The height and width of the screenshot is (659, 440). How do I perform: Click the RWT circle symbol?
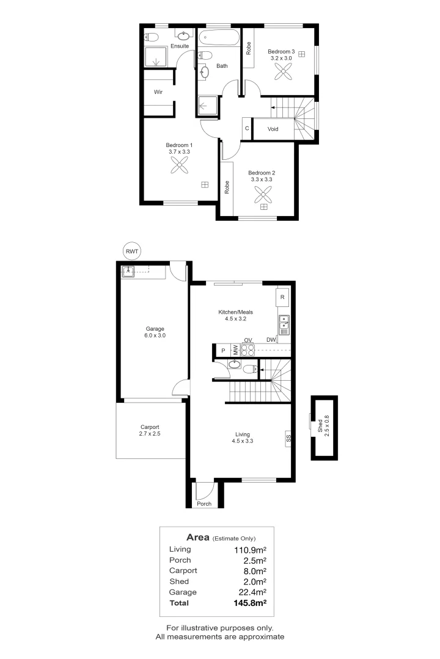pyautogui.click(x=131, y=251)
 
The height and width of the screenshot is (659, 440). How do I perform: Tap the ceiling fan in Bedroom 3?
pyautogui.click(x=282, y=72)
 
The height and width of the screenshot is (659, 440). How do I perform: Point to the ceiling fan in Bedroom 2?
pyautogui.click(x=264, y=195)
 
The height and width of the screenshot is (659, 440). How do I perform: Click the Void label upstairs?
pyautogui.click(x=273, y=129)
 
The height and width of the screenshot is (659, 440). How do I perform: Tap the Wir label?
pyautogui.click(x=158, y=92)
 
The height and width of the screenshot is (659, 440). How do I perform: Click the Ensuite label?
pyautogui.click(x=180, y=46)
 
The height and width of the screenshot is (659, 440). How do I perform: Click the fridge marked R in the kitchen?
pyautogui.click(x=282, y=297)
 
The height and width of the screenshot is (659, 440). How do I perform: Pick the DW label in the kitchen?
pyautogui.click(x=271, y=340)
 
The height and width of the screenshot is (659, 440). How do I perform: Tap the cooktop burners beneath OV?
pyautogui.click(x=248, y=350)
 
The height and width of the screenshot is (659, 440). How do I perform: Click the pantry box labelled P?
pyautogui.click(x=223, y=350)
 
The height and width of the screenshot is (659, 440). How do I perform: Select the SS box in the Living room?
pyautogui.click(x=288, y=438)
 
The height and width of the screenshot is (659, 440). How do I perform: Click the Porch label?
pyautogui.click(x=204, y=504)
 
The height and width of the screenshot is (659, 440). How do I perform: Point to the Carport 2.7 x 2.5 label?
pyautogui.click(x=150, y=430)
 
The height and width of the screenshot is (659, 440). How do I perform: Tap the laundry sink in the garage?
pyautogui.click(x=129, y=272)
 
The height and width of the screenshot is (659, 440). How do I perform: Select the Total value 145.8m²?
pyautogui.click(x=252, y=603)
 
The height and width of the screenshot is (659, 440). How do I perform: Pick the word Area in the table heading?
pyautogui.click(x=198, y=538)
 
